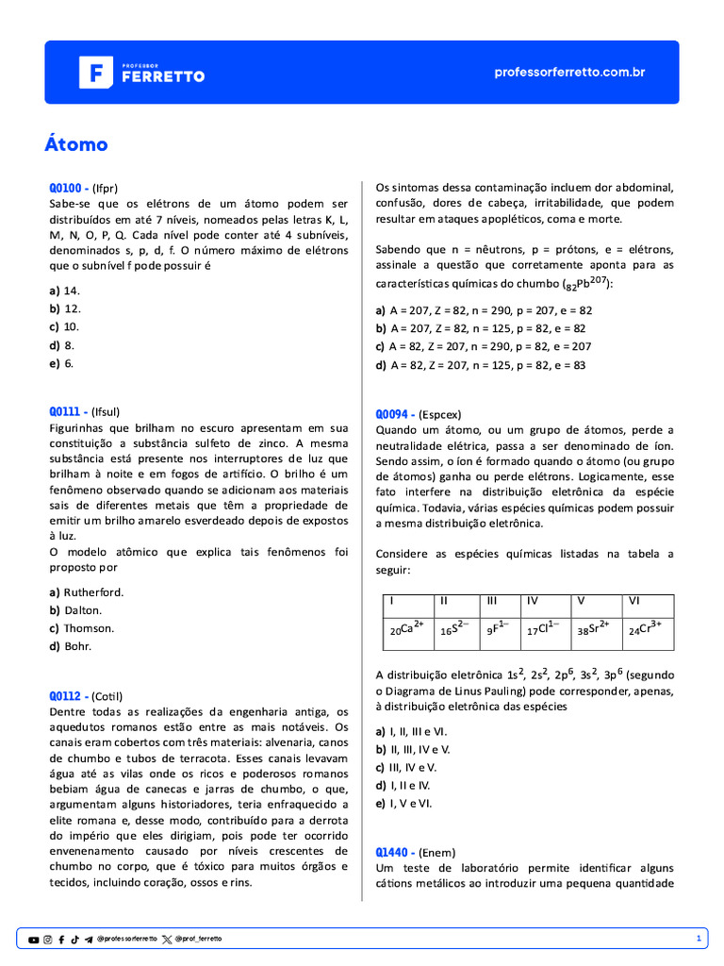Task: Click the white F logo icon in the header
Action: pyautogui.click(x=94, y=72)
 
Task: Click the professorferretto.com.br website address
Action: pyautogui.click(x=569, y=72)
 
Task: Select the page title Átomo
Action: pyautogui.click(x=76, y=144)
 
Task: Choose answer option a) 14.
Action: pyautogui.click(x=65, y=291)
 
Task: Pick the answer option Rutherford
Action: pyautogui.click(x=87, y=592)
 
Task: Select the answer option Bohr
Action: pyautogui.click(x=72, y=646)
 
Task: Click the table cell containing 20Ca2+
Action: pyautogui.click(x=406, y=629)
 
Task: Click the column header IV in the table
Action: pyautogui.click(x=534, y=600)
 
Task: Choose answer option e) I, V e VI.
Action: pyautogui.click(x=403, y=803)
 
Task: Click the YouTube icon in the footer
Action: pyautogui.click(x=34, y=940)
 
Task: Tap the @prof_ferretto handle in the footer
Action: pyautogui.click(x=198, y=940)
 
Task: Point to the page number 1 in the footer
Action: pyautogui.click(x=699, y=940)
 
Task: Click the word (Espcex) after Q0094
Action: pyautogui.click(x=440, y=414)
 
